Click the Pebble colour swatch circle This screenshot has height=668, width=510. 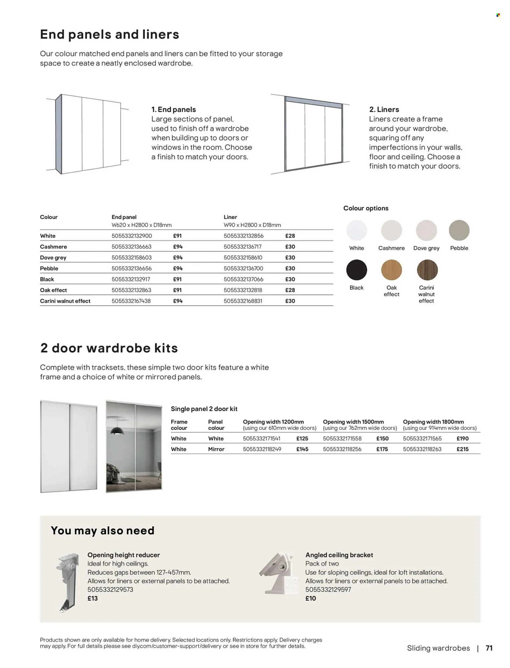pyautogui.click(x=459, y=230)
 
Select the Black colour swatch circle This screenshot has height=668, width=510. pyautogui.click(x=356, y=270)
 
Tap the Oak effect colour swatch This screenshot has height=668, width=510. pyautogui.click(x=391, y=270)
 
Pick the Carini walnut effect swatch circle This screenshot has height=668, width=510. pyautogui.click(x=427, y=270)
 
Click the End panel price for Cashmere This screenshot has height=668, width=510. pyautogui.click(x=178, y=247)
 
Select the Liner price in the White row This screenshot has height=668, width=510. pyautogui.click(x=290, y=236)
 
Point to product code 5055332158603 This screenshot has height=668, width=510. pyautogui.click(x=132, y=258)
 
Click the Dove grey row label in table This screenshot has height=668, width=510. pyautogui.click(x=53, y=258)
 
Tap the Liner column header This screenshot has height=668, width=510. pyautogui.click(x=230, y=217)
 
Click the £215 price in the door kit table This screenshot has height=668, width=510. pyautogui.click(x=462, y=449)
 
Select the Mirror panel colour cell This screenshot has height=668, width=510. pyautogui.click(x=216, y=449)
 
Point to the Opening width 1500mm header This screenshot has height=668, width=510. pyautogui.click(x=353, y=422)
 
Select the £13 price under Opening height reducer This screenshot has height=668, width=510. pyautogui.click(x=92, y=598)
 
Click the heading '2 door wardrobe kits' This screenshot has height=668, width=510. pyautogui.click(x=109, y=348)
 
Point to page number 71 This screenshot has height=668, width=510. pyautogui.click(x=489, y=648)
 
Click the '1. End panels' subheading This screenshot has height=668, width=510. pyautogui.click(x=173, y=110)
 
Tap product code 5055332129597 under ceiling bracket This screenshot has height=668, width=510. pyautogui.click(x=328, y=590)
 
